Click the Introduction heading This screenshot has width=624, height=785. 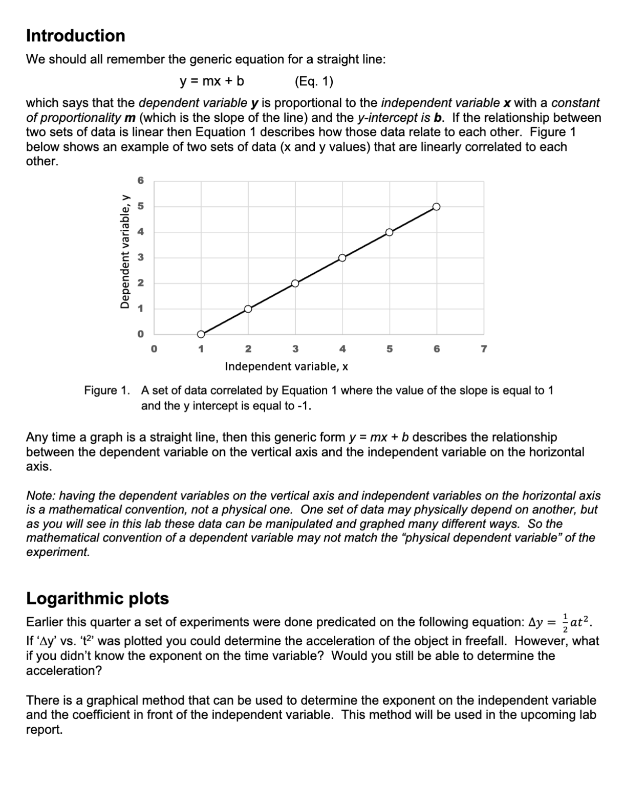(x=75, y=36)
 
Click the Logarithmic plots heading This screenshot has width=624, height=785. (x=97, y=598)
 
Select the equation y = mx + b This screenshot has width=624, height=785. (x=211, y=81)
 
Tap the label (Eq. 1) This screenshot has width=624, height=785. (x=314, y=81)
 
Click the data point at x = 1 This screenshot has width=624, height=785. (x=201, y=334)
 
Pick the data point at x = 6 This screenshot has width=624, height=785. (x=436, y=207)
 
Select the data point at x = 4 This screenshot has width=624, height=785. (x=342, y=257)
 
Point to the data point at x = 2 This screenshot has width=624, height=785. (x=248, y=309)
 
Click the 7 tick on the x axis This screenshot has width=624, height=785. (x=484, y=349)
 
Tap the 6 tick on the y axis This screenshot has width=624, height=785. (x=141, y=181)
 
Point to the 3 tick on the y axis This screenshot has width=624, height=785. (x=141, y=257)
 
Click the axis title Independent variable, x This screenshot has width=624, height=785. (x=287, y=366)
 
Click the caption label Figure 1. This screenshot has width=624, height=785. (x=106, y=390)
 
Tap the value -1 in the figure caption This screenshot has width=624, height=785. (x=303, y=406)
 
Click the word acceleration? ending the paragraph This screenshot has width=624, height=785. (x=63, y=670)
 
